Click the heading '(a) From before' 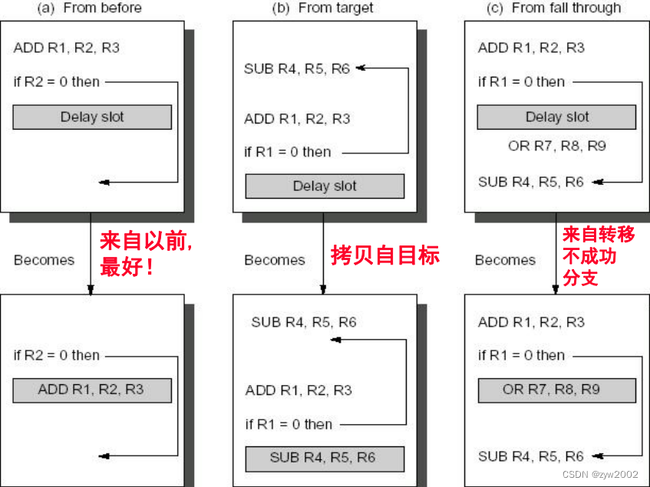[x=90, y=8]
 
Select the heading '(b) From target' [x=323, y=8]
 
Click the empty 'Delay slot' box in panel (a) [x=92, y=117]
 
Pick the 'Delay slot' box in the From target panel [x=325, y=186]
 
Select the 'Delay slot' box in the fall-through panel [x=556, y=117]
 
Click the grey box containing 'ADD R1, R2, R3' [x=92, y=390]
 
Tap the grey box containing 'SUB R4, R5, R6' [x=322, y=458]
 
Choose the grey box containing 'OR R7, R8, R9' [x=556, y=390]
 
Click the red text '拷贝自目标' [x=385, y=255]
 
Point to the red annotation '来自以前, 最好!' [x=146, y=255]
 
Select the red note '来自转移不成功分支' [x=599, y=256]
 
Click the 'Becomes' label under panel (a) [x=44, y=260]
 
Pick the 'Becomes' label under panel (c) [x=505, y=260]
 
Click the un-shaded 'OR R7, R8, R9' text [x=556, y=145]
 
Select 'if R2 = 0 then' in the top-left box [x=57, y=81]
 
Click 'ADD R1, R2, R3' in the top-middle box [x=297, y=119]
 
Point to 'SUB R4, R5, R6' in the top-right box [x=530, y=182]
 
